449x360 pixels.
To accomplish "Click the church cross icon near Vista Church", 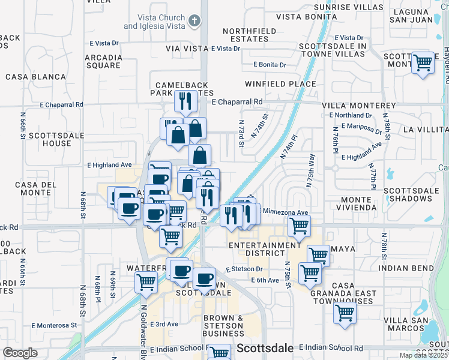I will (193, 22).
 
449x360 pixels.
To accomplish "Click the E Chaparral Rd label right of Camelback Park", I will (237, 103).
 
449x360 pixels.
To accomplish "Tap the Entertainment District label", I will (265, 250).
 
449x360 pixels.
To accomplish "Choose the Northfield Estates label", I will (249, 35).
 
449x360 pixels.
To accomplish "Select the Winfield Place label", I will (280, 84).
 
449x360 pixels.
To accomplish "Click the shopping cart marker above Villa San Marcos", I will (345, 312).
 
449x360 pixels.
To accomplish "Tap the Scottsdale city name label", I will (266, 348).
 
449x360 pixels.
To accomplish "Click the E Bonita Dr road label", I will (270, 64).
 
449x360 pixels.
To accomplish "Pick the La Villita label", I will (425, 129).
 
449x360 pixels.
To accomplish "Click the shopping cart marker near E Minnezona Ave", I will (298, 226).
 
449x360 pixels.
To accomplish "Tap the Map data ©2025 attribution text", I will (423, 355).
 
